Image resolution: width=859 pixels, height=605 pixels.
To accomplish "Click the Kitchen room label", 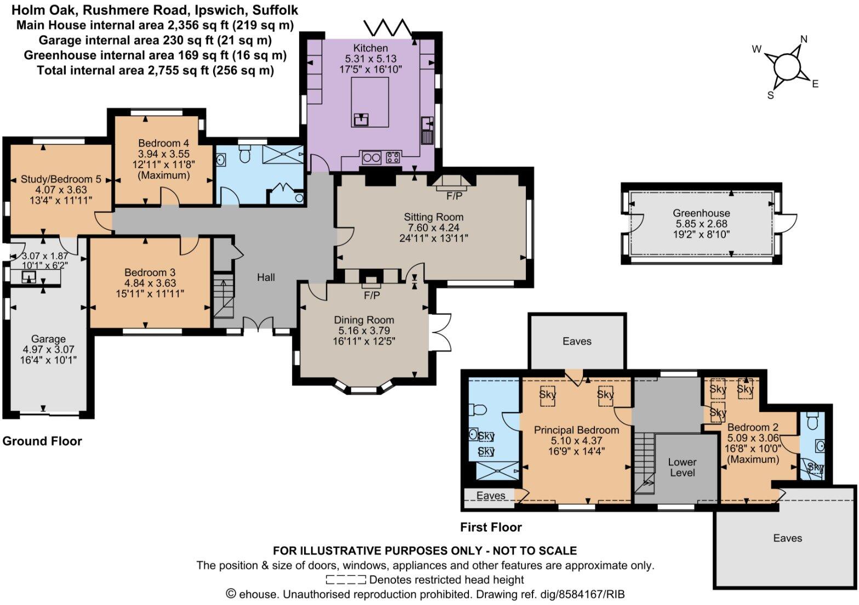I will point(370,48).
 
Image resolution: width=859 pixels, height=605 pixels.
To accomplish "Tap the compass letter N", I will point(804,39).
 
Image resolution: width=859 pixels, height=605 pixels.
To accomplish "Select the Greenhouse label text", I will point(701,213).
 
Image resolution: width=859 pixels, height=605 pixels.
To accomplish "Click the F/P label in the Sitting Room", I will point(454,196).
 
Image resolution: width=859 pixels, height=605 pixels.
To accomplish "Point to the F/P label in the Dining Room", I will point(371,295).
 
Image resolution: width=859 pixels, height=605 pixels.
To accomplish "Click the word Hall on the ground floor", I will point(266,277).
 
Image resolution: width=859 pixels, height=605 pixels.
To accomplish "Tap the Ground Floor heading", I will point(42,441).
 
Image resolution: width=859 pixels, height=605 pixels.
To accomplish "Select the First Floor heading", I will point(491,527).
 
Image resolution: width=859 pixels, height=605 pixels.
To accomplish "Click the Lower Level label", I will point(682,467).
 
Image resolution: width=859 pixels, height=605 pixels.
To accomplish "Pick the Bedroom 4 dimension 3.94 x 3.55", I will point(159,154).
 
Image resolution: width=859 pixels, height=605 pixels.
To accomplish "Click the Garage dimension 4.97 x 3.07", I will point(48,350).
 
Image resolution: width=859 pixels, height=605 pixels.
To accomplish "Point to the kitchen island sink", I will point(362,118).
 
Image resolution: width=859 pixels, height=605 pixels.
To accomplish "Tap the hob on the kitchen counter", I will point(393,158).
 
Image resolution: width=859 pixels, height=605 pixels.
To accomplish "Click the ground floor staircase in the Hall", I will point(224,298).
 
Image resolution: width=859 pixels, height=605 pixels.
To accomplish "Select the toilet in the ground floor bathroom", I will point(245,155).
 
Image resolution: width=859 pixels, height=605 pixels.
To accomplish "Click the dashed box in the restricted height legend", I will point(346,580).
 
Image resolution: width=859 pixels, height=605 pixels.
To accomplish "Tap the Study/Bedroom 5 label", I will point(61,179).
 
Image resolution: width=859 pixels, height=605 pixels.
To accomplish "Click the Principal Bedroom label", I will point(576,430).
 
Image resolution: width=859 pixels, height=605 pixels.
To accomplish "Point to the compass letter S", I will point(771,95).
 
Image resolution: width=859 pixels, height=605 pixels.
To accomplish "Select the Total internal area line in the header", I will point(155,70).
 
